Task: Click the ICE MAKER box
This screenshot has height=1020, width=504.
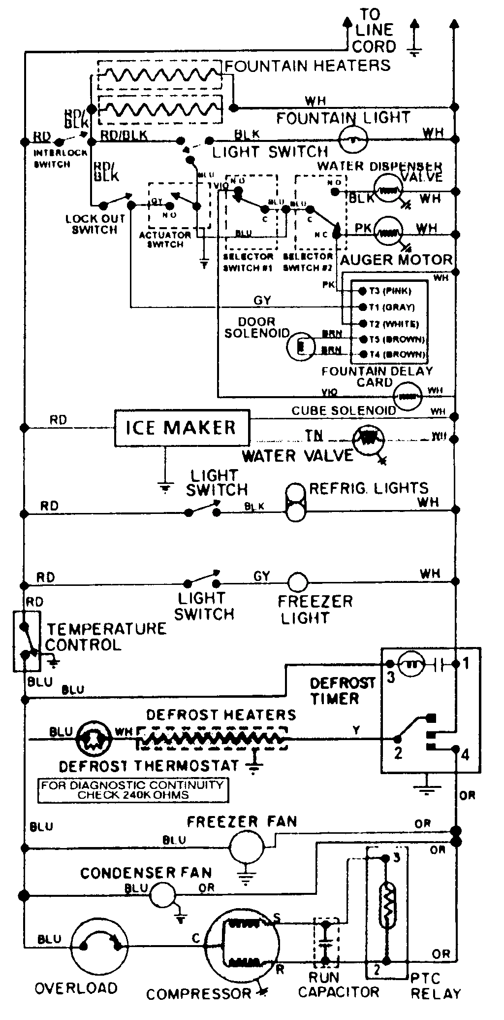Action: (182, 427)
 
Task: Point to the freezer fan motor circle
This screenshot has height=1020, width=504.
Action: (247, 848)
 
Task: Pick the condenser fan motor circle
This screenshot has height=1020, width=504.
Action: (162, 894)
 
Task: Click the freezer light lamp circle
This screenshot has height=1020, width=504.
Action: (298, 582)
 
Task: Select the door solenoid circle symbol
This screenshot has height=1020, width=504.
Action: (300, 346)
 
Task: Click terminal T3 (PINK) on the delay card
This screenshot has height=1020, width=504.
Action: (362, 291)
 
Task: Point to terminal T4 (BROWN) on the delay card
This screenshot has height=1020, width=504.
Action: (362, 354)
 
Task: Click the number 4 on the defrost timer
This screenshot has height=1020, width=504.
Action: (465, 754)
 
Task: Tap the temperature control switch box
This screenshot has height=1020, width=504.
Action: (26, 641)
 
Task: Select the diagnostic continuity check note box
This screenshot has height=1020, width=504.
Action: (133, 790)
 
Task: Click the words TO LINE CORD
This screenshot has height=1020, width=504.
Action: (374, 31)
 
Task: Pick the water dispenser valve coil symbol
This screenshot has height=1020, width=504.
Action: (388, 188)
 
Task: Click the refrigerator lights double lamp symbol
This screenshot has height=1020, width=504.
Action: (296, 503)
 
